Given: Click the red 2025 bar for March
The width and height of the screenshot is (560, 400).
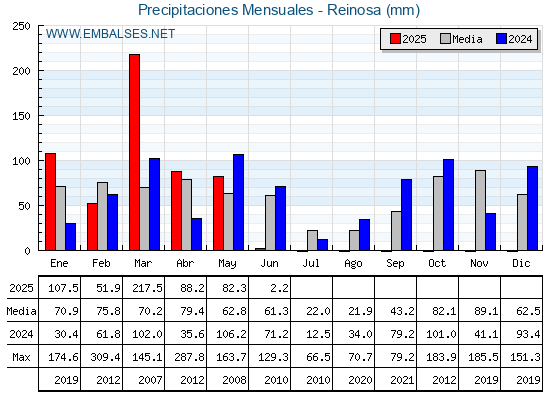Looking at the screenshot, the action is click(135, 152).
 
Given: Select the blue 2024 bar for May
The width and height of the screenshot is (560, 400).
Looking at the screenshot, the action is click(239, 202).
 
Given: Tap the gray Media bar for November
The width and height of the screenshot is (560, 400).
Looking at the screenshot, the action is click(480, 210).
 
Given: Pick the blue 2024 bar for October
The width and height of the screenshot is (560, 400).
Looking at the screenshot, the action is click(449, 205).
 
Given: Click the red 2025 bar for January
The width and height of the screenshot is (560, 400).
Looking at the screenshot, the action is click(51, 202).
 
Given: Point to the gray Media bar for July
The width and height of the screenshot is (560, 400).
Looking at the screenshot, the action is click(312, 240).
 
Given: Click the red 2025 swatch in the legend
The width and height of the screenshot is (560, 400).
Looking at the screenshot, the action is click(395, 39).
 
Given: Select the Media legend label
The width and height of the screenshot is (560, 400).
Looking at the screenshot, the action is click(467, 39).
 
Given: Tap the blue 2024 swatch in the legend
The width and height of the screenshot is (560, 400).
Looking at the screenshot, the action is click(501, 39).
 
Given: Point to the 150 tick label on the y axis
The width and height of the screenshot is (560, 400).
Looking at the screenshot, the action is click(21, 116).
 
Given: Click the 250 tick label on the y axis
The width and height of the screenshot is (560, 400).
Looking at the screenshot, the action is click(21, 26).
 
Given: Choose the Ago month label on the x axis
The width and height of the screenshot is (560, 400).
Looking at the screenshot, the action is click(353, 264).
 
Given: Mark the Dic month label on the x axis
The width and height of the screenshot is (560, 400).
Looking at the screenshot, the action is click(521, 263).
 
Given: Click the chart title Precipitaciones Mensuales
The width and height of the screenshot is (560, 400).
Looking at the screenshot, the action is click(226, 10).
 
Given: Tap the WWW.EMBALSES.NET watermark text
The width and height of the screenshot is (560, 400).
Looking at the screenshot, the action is click(110, 34).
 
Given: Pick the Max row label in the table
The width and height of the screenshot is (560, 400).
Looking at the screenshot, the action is click(21, 357).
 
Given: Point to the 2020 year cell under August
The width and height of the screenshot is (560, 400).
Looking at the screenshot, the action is click(360, 380).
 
